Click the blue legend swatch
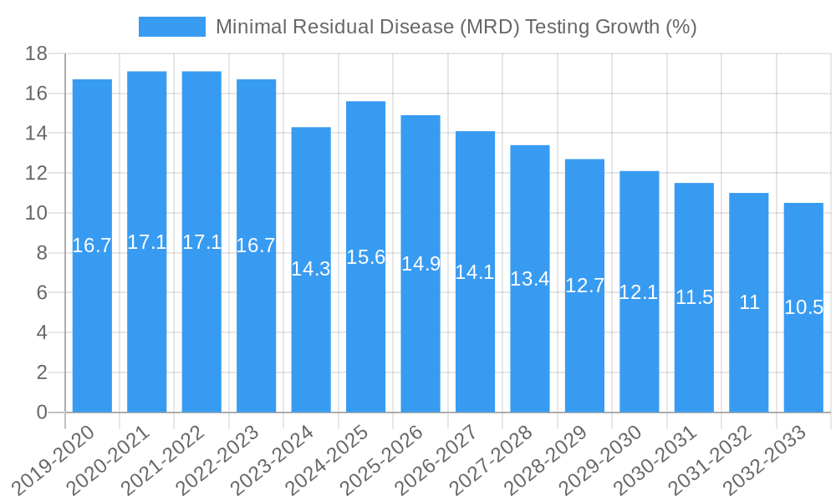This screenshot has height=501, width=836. coord(172,27)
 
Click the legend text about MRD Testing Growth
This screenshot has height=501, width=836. coord(456,27)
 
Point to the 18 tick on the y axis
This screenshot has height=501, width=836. coord(36,53)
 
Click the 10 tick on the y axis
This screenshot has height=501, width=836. coord(36,213)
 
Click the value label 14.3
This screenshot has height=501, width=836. coord(311,269)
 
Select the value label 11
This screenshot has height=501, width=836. coord(749,303)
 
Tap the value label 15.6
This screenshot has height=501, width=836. coord(365,257)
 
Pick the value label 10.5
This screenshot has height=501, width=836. coord(803,307)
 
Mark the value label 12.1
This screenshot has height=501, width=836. coord(640,292)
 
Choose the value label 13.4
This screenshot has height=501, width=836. coord(530,279)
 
